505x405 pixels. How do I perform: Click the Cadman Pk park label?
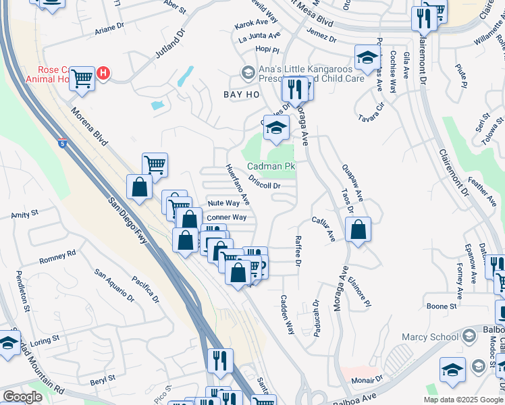(x=271, y=166)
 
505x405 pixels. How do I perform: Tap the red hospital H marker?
(x=103, y=73)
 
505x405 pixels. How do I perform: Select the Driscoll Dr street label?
(x=264, y=182)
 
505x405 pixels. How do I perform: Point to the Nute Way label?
(x=223, y=202)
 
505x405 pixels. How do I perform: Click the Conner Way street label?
(x=226, y=217)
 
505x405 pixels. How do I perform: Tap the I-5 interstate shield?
(x=63, y=142)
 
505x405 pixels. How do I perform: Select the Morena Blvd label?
(x=89, y=128)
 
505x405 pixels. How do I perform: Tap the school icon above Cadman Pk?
(x=275, y=127)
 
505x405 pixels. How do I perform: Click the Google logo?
(x=22, y=397)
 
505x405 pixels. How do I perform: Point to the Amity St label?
(x=25, y=215)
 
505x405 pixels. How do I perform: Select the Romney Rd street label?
(x=57, y=257)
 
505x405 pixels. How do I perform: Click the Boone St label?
(x=443, y=306)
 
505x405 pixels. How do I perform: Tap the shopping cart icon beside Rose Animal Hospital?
(x=82, y=78)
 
